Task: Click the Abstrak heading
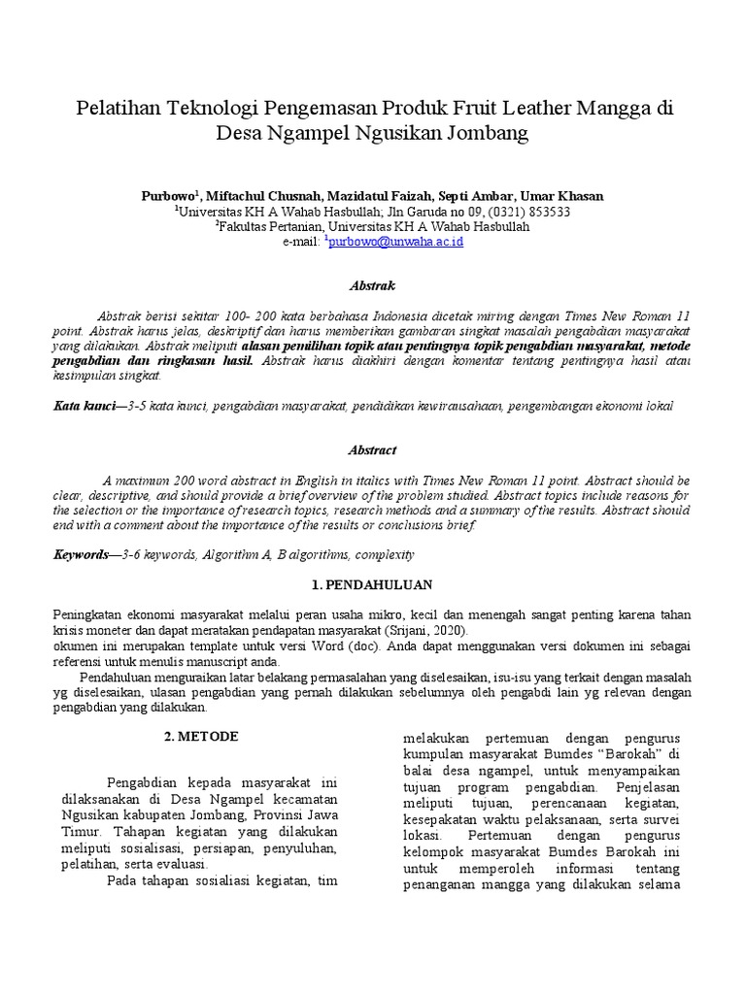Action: (x=372, y=285)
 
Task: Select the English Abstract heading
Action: (x=372, y=450)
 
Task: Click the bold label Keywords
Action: (x=81, y=554)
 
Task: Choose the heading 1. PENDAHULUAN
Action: (x=372, y=585)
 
